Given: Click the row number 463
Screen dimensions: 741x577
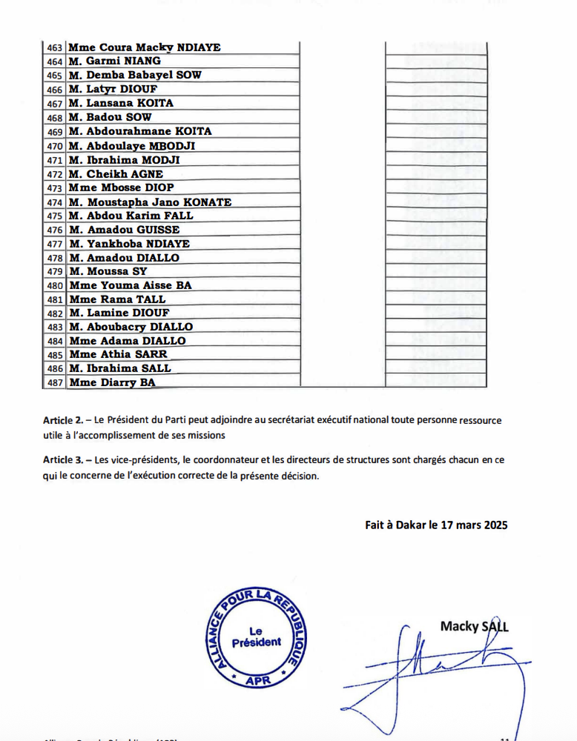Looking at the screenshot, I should click(54, 48).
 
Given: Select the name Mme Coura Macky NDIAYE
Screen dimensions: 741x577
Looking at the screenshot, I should click(145, 48).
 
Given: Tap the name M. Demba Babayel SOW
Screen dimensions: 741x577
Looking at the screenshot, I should click(134, 76).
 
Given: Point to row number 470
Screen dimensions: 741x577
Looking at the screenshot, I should click(54, 146).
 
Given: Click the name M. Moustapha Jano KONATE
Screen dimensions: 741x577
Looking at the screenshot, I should click(150, 202).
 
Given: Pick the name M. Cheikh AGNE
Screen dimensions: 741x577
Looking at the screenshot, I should click(115, 174).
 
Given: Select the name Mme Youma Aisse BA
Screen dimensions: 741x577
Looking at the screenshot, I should click(130, 285).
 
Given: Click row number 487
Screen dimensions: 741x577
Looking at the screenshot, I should click(54, 383).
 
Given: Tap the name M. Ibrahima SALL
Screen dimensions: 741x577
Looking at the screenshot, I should click(119, 368).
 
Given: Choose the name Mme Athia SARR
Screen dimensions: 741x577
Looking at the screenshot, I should click(118, 355).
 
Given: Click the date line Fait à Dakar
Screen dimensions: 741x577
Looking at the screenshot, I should click(436, 525).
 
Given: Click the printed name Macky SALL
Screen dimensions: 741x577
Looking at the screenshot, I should click(475, 627).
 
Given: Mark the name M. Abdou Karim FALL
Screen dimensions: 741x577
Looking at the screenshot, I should click(131, 216).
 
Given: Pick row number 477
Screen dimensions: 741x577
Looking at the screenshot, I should click(54, 244).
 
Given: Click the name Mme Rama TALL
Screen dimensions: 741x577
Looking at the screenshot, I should click(117, 299).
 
